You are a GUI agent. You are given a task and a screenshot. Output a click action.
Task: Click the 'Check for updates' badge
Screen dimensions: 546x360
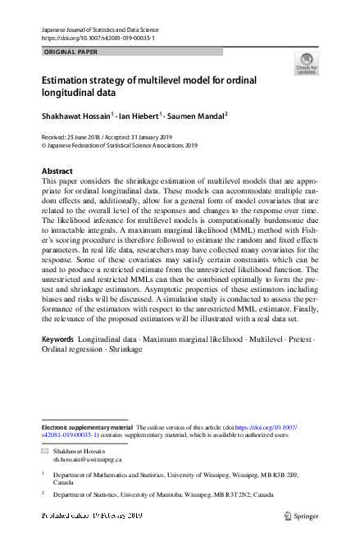tap(306, 64)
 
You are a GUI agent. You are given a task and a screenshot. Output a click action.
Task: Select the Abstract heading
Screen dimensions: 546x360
tap(57, 171)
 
